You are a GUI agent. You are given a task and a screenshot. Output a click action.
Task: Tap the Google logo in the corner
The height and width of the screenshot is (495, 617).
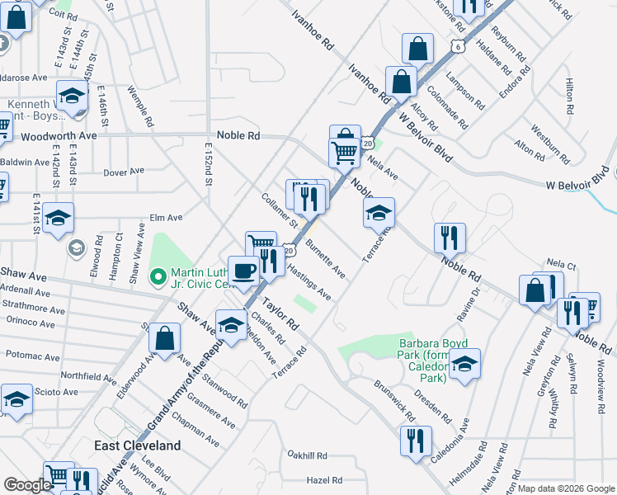(27, 485)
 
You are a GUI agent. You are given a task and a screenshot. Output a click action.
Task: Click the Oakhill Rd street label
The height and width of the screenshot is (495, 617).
(308, 455)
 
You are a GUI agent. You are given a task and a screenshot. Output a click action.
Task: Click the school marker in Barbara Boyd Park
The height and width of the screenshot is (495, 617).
(464, 364)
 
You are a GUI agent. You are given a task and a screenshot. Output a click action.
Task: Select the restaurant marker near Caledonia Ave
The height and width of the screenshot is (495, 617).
(415, 440)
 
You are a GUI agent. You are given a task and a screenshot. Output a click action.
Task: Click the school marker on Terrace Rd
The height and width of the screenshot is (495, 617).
(379, 214)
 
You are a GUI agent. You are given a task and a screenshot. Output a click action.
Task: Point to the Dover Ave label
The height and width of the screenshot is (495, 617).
(124, 172)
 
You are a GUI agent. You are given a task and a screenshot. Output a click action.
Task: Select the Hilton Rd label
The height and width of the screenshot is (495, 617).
(569, 97)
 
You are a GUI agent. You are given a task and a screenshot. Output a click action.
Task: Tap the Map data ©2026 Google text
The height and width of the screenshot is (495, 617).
(565, 488)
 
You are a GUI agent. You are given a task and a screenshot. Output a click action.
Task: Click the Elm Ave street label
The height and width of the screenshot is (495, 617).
(166, 219)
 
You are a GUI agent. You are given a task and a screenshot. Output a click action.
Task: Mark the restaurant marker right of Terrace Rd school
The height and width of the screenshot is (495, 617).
(450, 238)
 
